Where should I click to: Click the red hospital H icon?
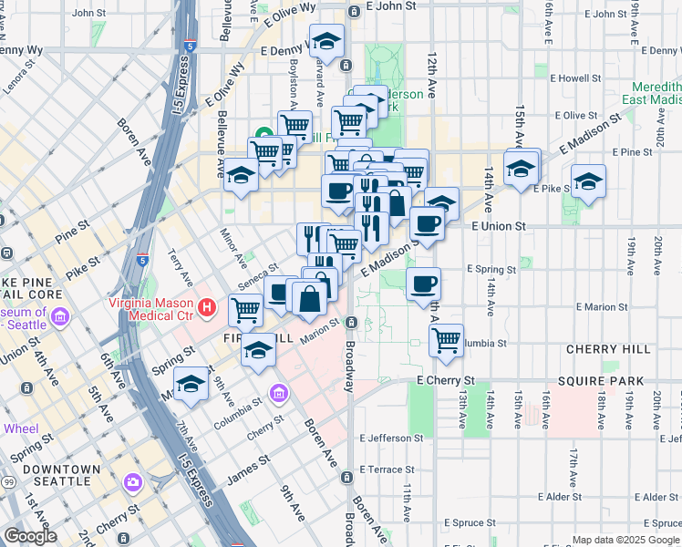click(x=207, y=308)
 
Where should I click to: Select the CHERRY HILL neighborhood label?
click(x=608, y=349)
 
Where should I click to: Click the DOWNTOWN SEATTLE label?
click(x=62, y=476)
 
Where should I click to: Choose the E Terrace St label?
click(x=387, y=470)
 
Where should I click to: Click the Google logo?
click(x=30, y=536)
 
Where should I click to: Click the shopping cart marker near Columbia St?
click(x=446, y=340)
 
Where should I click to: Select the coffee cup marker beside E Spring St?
click(x=423, y=284)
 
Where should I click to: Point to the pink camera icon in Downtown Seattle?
click(x=133, y=481)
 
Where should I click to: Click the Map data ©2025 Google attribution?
click(x=625, y=540)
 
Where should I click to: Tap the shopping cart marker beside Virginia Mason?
click(x=245, y=310)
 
